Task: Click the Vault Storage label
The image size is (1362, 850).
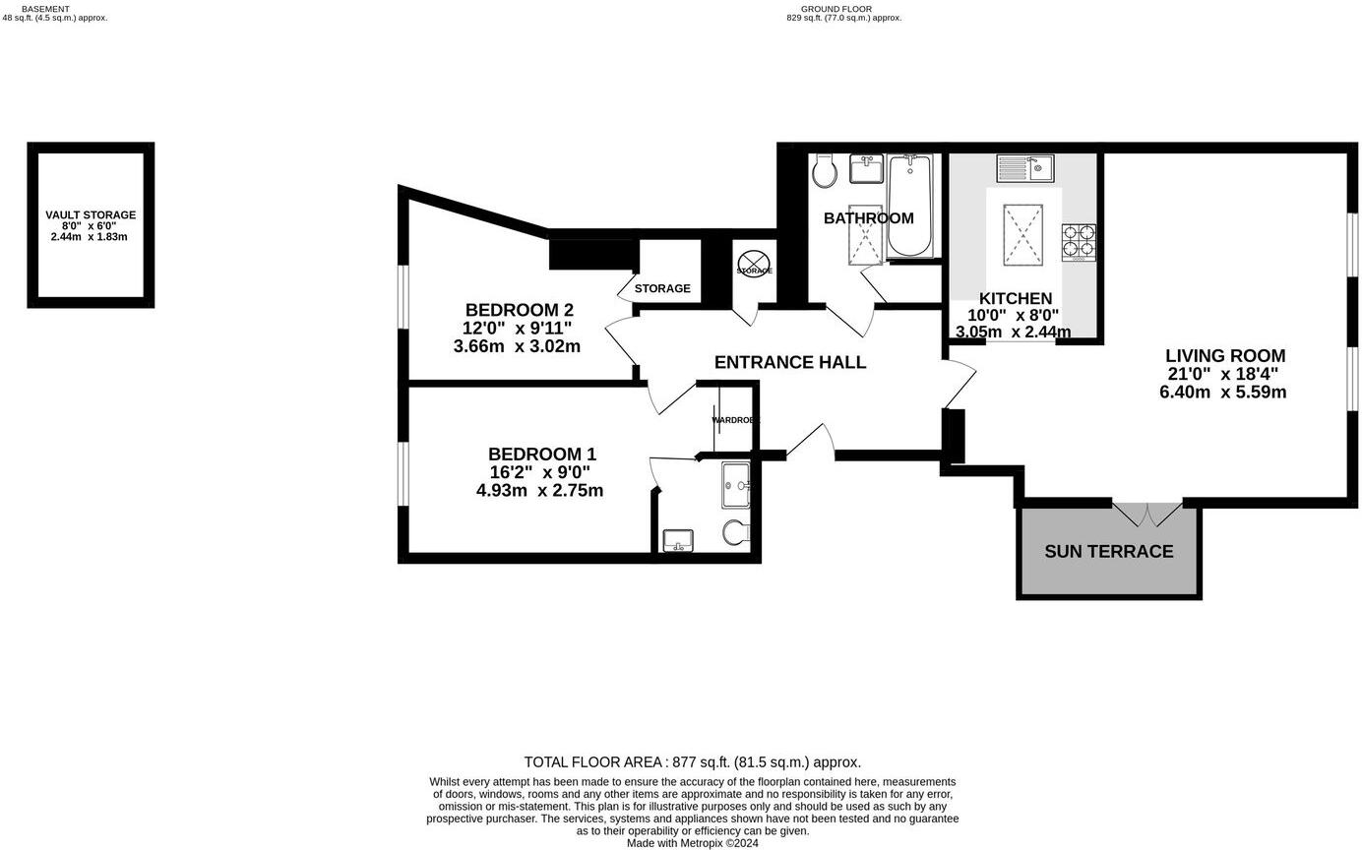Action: pyautogui.click(x=91, y=214)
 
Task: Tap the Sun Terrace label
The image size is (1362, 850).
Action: pyautogui.click(x=1108, y=552)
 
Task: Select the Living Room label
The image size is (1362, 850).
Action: pyautogui.click(x=1224, y=356)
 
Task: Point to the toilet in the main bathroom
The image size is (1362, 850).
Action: pyautogui.click(x=825, y=172)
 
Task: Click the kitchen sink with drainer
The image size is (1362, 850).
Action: pyautogui.click(x=1024, y=168)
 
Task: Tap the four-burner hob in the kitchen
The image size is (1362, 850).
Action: pyautogui.click(x=1079, y=242)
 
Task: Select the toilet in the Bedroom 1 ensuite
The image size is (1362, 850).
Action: pyautogui.click(x=735, y=533)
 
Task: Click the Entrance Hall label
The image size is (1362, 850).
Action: pyautogui.click(x=789, y=363)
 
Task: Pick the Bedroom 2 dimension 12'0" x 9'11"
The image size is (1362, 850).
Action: pyautogui.click(x=517, y=329)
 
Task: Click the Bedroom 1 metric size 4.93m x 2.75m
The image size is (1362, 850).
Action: pyautogui.click(x=539, y=491)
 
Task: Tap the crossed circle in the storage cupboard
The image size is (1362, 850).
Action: pyautogui.click(x=753, y=265)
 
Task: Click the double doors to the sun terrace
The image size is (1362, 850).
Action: pyautogui.click(x=1147, y=514)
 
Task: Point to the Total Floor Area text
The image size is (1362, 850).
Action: pyautogui.click(x=692, y=761)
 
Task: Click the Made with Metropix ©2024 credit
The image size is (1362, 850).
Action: pyautogui.click(x=692, y=843)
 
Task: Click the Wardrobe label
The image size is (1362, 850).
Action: pyautogui.click(x=735, y=420)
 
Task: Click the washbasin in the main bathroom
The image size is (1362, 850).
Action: pyautogui.click(x=866, y=169)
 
